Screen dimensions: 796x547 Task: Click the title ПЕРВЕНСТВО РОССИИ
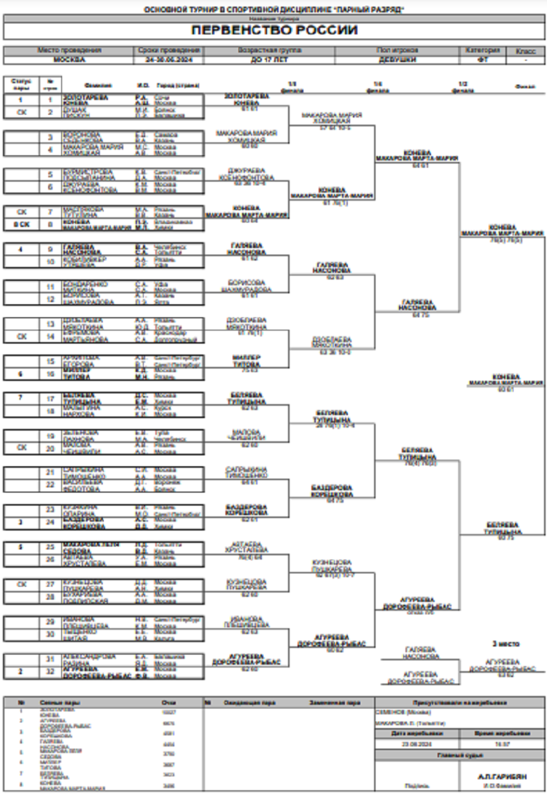273,31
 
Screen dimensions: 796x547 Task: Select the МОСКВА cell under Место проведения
69,60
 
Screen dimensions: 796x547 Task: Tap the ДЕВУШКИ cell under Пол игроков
396,60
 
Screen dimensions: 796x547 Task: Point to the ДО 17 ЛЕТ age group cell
269,60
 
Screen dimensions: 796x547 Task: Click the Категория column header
483,51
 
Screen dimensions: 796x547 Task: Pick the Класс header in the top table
525,51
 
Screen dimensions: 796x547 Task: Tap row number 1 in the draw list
50,99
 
